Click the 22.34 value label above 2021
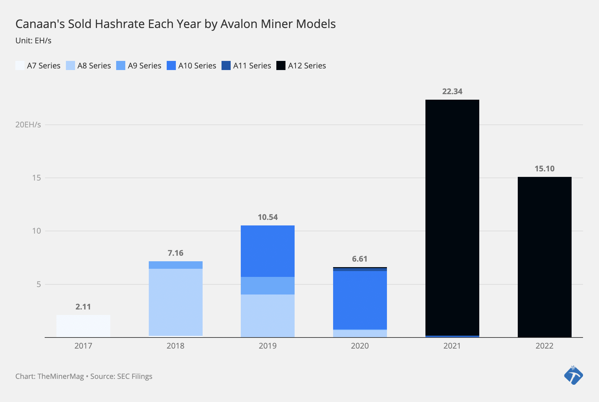point(452,92)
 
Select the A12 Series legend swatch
point(281,65)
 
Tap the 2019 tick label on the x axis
point(268,346)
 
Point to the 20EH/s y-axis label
point(28,124)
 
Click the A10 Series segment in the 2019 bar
point(268,251)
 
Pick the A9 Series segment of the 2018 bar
point(176,265)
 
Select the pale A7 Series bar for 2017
point(83,326)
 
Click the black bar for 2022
point(545,257)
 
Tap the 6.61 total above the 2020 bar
point(360,259)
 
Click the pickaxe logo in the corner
point(573,375)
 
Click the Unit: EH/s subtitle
point(33,41)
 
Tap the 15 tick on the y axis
point(37,178)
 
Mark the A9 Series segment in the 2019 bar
point(268,286)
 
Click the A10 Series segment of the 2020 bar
point(360,300)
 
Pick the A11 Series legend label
point(252,65)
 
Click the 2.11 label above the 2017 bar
point(83,307)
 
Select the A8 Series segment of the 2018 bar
point(176,302)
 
